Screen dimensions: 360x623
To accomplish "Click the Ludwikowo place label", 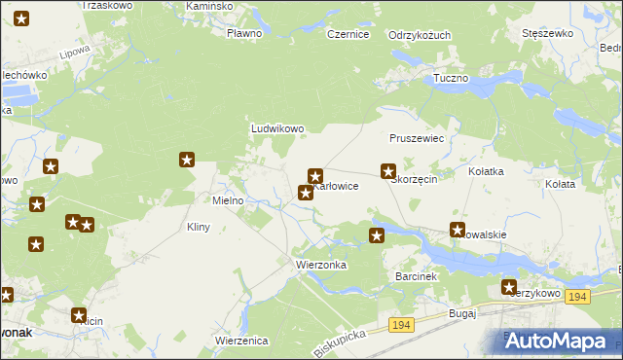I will tap(278, 127).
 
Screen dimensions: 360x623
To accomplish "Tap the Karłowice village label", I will tap(339, 186).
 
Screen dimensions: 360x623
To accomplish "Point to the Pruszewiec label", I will tap(416, 139).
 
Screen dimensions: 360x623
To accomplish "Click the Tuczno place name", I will tap(451, 77).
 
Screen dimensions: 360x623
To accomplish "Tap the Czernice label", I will tap(348, 34).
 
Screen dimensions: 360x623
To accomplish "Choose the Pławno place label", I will tap(243, 34).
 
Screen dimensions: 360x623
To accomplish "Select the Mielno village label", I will tap(228, 200).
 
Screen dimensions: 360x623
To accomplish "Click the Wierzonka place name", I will tap(320, 264).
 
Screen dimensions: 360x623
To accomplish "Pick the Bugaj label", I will tap(461, 313).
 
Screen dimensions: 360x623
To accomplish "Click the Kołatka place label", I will tap(486, 171).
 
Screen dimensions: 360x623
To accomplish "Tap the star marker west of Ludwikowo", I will tap(188, 160).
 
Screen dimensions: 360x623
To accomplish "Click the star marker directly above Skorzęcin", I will tap(387, 170).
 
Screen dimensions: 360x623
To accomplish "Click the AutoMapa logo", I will tap(564, 340).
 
